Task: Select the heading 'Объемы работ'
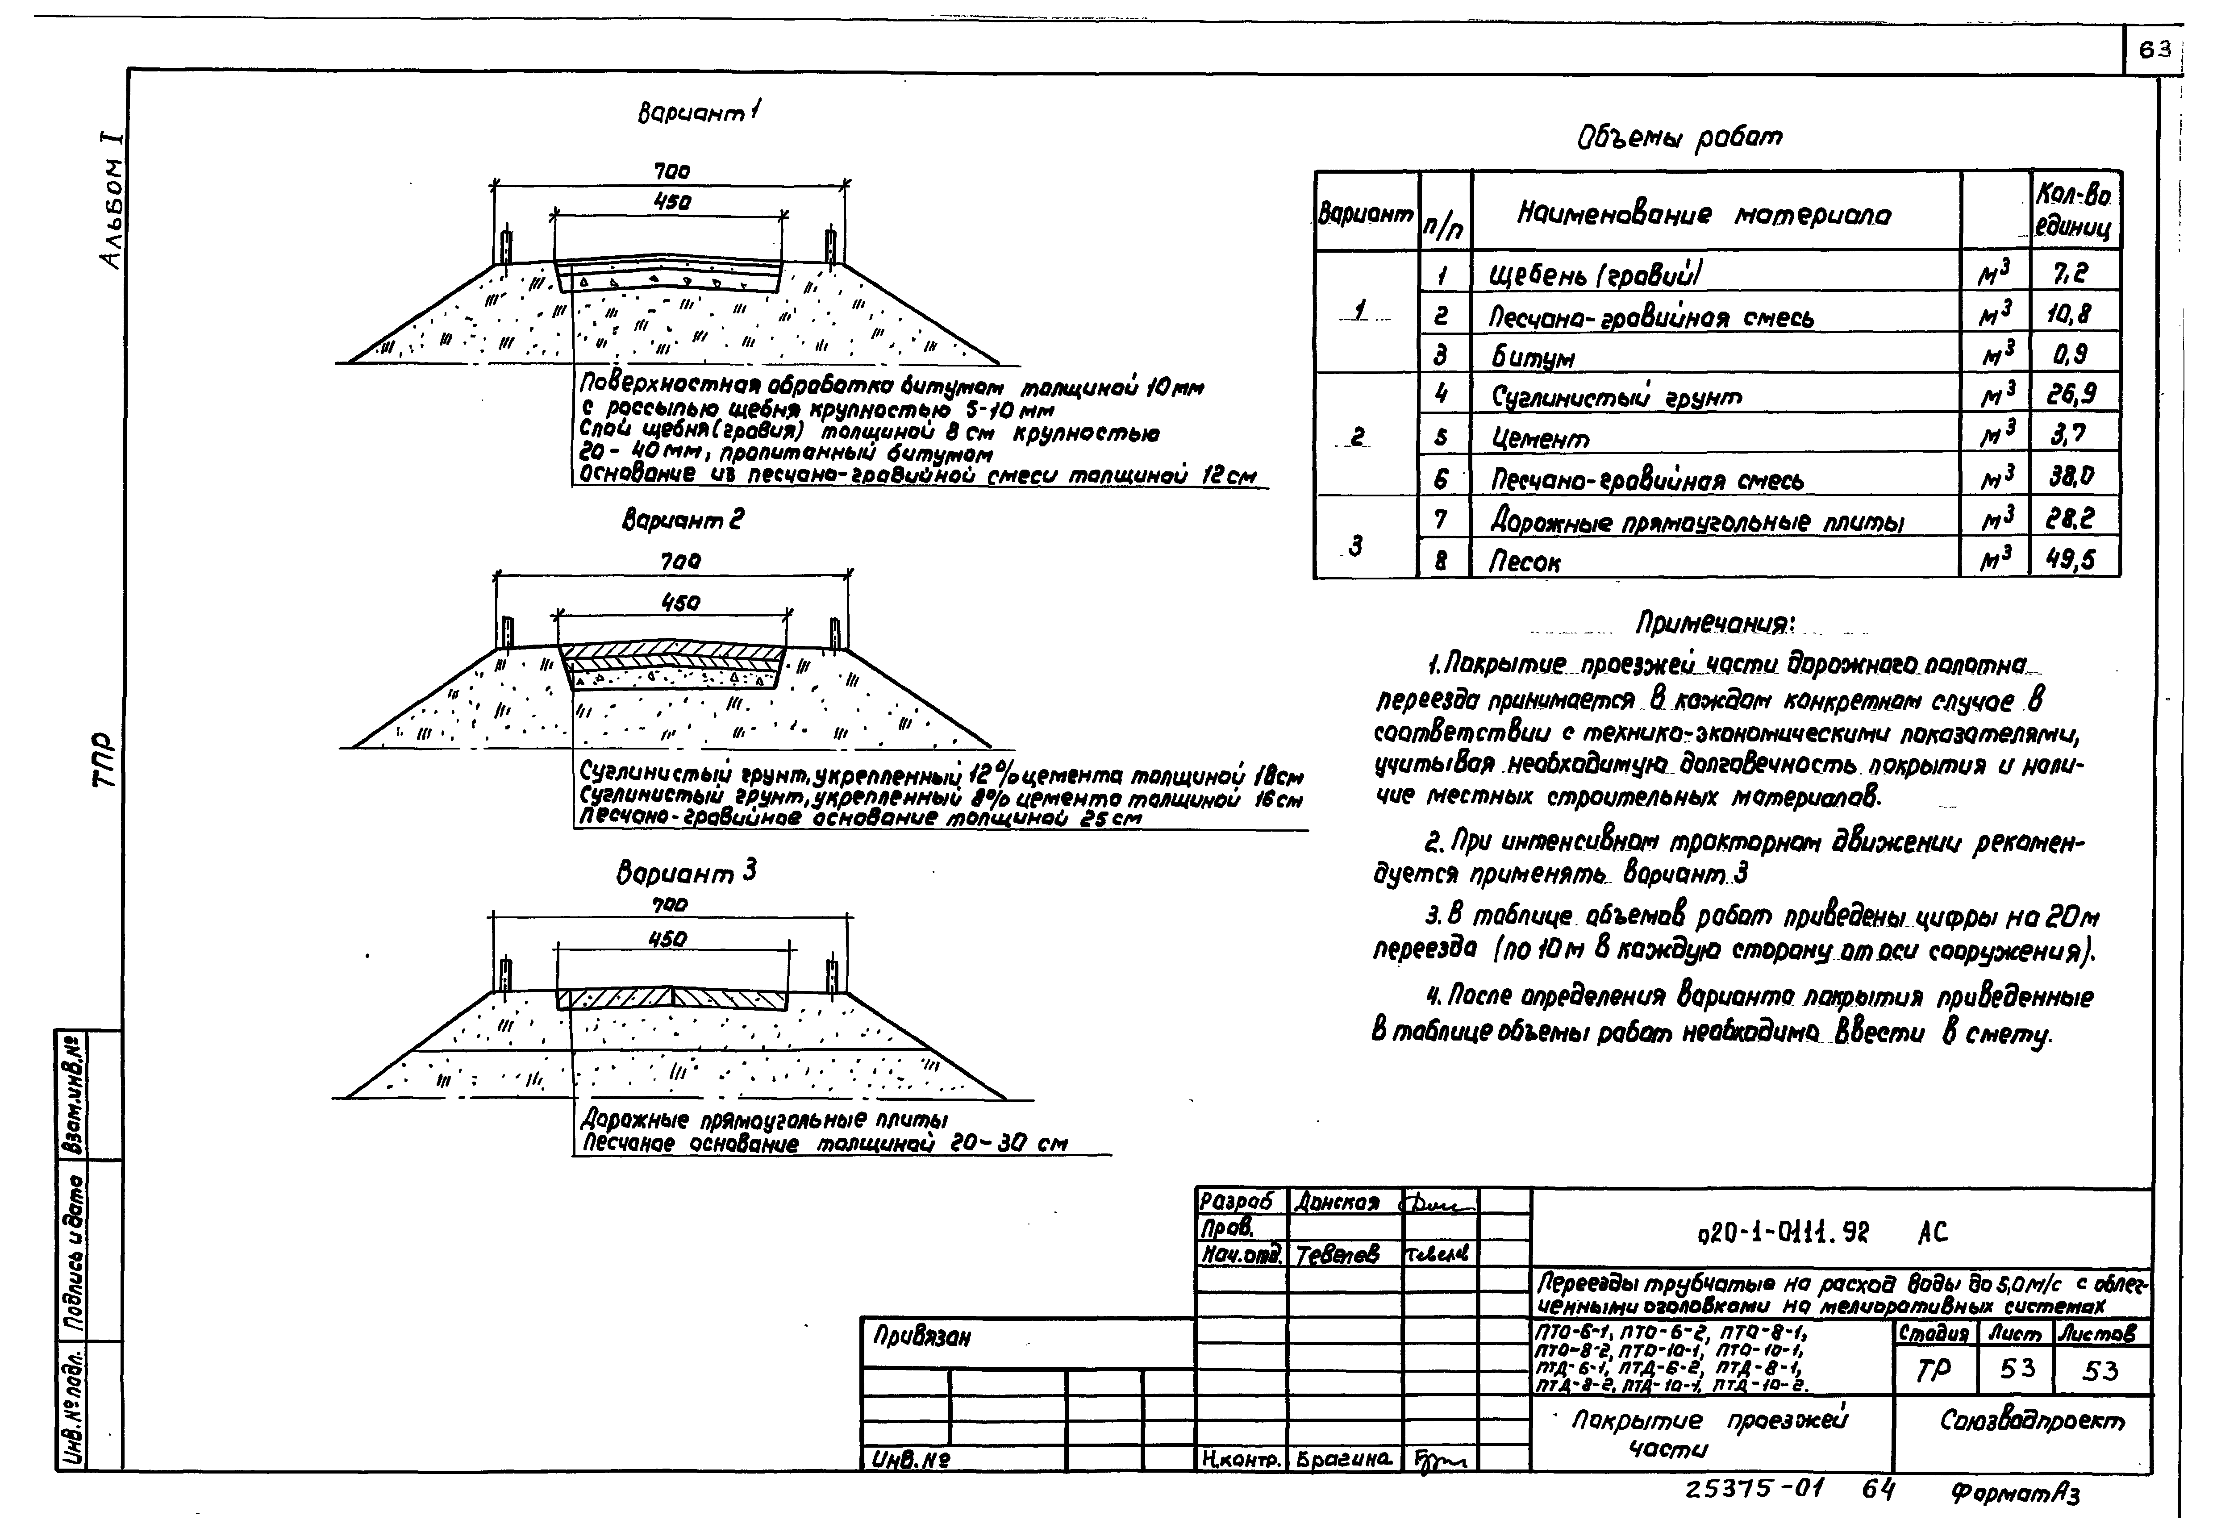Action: pos(1679,137)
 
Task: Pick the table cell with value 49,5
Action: pos(2070,560)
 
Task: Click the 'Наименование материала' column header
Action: pos(1704,215)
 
